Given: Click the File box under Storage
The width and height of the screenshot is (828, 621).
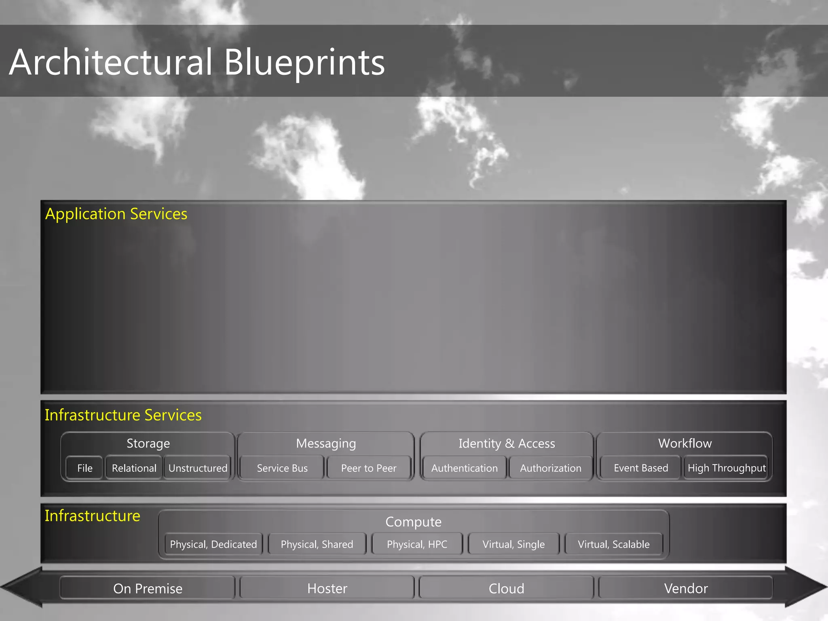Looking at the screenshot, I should tap(84, 468).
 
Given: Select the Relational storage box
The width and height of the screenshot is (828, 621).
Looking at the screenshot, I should tap(134, 468).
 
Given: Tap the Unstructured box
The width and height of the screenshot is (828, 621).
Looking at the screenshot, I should tap(198, 468).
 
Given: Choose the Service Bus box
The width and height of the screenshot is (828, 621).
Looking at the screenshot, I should tap(282, 468).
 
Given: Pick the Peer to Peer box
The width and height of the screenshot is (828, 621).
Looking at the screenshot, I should tap(369, 468).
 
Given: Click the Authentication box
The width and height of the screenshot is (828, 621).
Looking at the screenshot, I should tap(464, 468).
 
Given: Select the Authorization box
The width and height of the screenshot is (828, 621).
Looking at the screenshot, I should tap(551, 468).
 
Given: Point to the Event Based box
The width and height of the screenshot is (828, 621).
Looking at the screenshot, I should tap(641, 468).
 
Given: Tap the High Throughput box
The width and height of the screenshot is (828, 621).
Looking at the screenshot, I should tap(727, 468).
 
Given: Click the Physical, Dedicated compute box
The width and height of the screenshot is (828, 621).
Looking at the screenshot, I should tap(213, 544).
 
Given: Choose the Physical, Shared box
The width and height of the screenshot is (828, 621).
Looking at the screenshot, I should tap(317, 544).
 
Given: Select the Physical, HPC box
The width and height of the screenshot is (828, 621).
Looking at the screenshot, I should tap(417, 544).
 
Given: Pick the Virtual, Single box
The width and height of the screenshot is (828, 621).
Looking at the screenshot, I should tap(513, 544).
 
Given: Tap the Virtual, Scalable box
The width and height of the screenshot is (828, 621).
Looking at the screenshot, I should tap(614, 544).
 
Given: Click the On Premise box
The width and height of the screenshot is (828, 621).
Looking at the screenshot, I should tap(148, 588).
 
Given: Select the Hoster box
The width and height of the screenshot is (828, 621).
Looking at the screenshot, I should tap(327, 588).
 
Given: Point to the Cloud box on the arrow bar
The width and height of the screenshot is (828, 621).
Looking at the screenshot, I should tap(506, 588).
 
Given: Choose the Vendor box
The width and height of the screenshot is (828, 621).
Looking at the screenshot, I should tap(686, 588).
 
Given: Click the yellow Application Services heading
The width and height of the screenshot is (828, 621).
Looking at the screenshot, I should tap(116, 214).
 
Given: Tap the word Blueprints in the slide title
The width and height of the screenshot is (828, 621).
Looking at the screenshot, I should tap(304, 62).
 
